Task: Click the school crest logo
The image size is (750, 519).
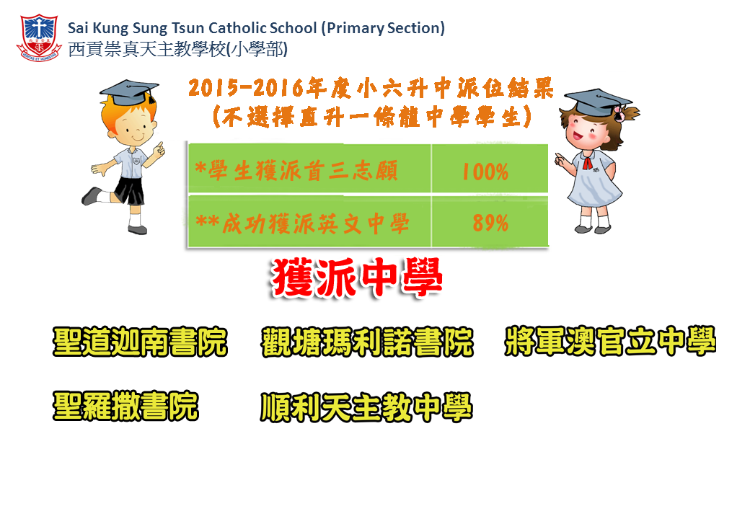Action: [39, 37]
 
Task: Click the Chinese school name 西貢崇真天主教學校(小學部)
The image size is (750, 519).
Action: [178, 49]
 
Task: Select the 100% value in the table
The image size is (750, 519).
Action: [485, 172]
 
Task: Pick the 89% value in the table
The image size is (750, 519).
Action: [490, 223]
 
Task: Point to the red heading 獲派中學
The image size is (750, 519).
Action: [357, 278]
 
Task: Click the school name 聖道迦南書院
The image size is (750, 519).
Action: [140, 342]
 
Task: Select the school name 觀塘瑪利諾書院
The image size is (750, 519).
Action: [367, 342]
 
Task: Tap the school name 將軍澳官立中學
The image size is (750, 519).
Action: [610, 341]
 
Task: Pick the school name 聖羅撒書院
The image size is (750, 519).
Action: [125, 407]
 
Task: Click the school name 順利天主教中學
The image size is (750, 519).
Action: [367, 407]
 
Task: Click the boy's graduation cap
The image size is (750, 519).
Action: [129, 93]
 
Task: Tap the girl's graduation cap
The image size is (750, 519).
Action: [598, 102]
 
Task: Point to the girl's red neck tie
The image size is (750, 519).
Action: [587, 164]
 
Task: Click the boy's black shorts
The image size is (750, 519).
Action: [130, 190]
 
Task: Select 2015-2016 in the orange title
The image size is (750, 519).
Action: [246, 88]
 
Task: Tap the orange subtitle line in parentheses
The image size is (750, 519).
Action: [372, 117]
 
